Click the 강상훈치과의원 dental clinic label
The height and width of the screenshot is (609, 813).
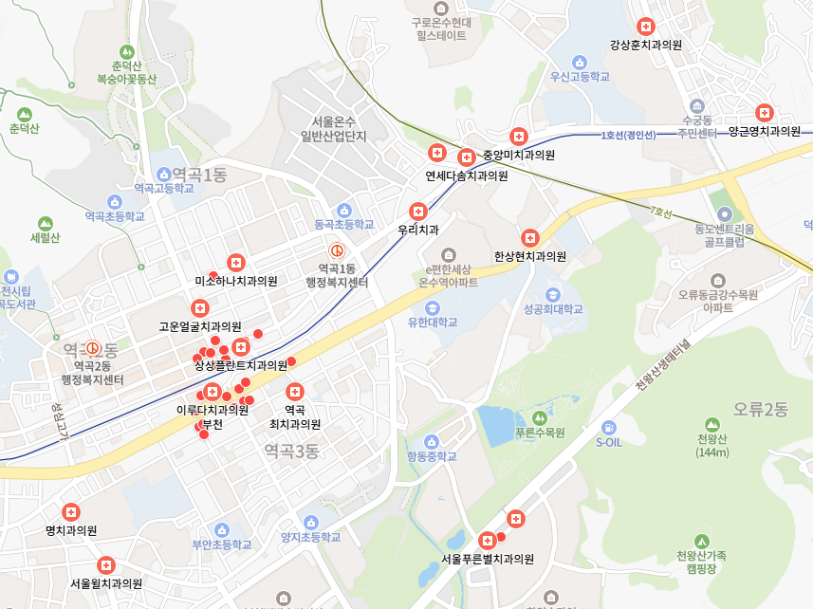pyautogui.click(x=646, y=44)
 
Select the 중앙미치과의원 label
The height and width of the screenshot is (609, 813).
pyautogui.click(x=518, y=155)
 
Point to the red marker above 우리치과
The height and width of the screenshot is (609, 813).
pyautogui.click(x=417, y=211)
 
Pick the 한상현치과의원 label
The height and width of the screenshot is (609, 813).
pyautogui.click(x=529, y=256)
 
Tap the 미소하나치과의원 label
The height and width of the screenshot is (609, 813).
pyautogui.click(x=235, y=281)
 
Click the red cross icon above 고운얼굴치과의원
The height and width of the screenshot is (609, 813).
pyautogui.click(x=199, y=307)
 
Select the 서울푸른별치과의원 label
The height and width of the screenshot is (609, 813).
pyautogui.click(x=488, y=559)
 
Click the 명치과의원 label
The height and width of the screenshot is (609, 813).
pyautogui.click(x=71, y=530)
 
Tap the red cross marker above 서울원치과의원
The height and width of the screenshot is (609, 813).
pyautogui.click(x=105, y=564)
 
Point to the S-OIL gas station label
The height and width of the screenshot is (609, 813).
pyautogui.click(x=608, y=441)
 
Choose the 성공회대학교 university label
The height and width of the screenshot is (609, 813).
pyautogui.click(x=552, y=309)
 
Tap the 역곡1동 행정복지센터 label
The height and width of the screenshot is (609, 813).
pyautogui.click(x=336, y=276)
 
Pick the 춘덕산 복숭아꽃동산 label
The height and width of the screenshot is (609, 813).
pyautogui.click(x=126, y=72)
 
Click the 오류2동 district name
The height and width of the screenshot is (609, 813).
pyautogui.click(x=760, y=410)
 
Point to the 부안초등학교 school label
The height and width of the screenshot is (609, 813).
pyautogui.click(x=222, y=544)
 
